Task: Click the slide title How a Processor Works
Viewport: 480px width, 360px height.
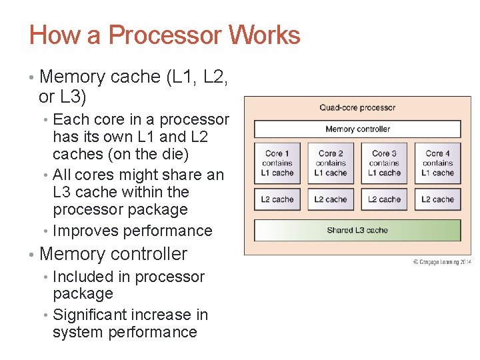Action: click(x=165, y=35)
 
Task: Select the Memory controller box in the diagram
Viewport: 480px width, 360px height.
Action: click(x=357, y=129)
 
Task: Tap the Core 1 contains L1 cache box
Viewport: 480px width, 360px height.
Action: click(x=277, y=163)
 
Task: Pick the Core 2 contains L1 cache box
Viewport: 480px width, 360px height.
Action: click(x=331, y=163)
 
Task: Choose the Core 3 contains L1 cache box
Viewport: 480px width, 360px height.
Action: click(x=384, y=163)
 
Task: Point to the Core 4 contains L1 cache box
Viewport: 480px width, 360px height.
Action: click(x=437, y=163)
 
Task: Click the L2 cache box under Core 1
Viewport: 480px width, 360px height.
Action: click(x=277, y=199)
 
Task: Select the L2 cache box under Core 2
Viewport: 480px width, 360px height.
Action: click(x=331, y=199)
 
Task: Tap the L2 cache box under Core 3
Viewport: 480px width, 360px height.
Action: click(x=384, y=199)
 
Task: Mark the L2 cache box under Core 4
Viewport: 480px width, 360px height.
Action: click(x=437, y=199)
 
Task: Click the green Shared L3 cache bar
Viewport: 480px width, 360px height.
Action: click(x=357, y=230)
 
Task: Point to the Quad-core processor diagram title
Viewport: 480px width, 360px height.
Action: click(x=357, y=107)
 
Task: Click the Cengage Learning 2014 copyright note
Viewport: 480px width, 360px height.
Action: click(x=441, y=262)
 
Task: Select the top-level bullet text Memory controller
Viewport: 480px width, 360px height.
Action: click(x=113, y=254)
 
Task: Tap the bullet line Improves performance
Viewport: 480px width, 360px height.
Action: click(x=132, y=231)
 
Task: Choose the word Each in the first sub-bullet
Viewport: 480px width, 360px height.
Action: click(x=67, y=120)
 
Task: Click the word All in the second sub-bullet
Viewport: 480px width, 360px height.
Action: click(x=61, y=175)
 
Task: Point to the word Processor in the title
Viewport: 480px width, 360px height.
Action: click(x=163, y=35)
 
